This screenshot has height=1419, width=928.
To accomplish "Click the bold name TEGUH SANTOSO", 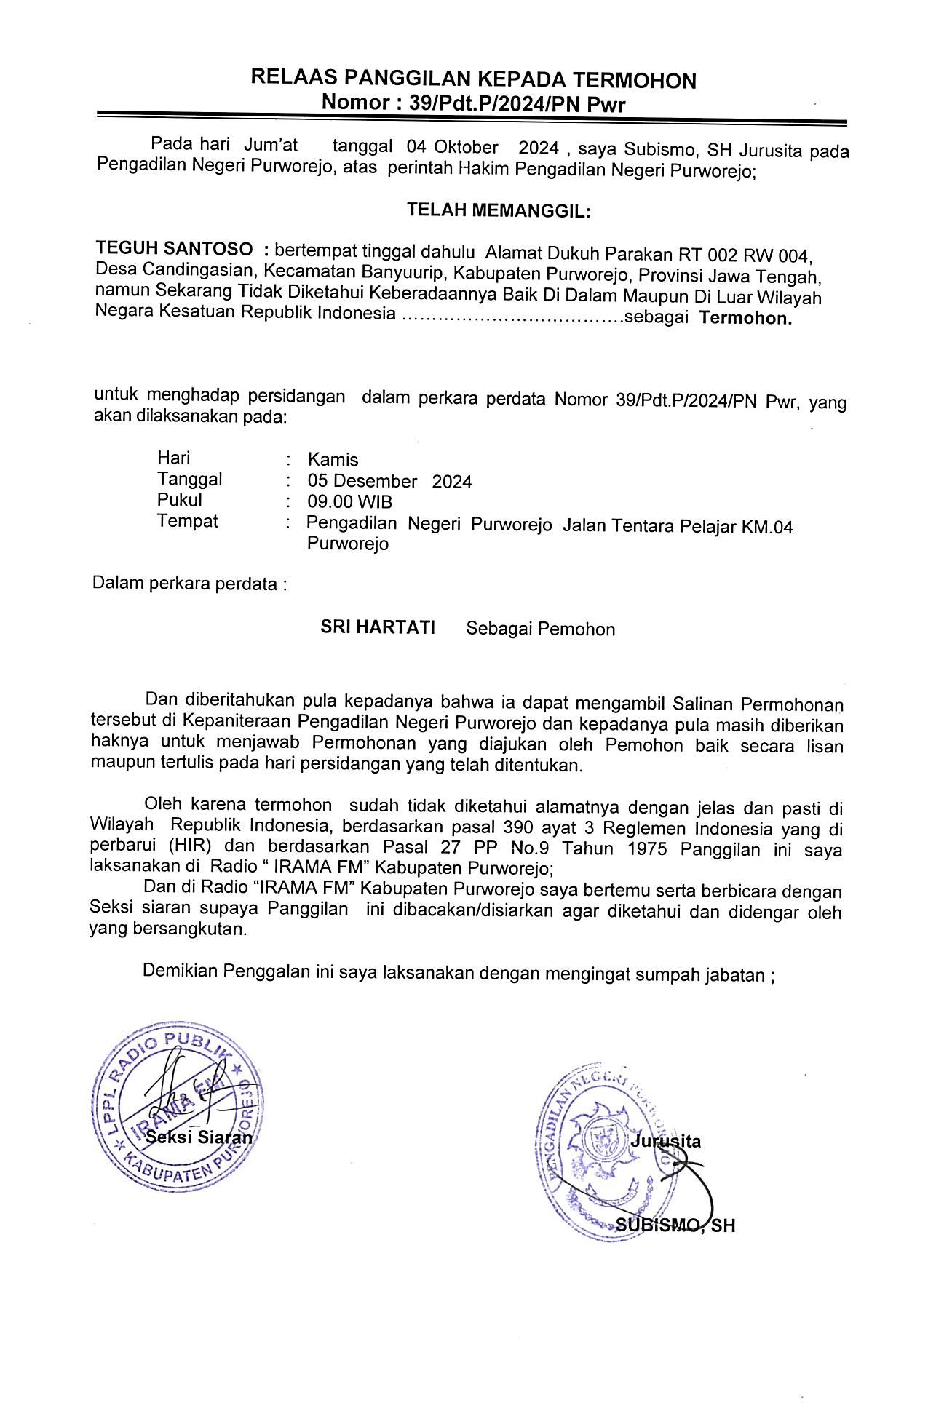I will coord(175,250).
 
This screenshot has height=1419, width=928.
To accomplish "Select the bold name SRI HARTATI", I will coord(378,627).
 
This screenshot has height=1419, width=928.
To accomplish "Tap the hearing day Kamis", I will coord(333,460).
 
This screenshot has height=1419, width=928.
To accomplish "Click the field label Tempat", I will coord(187,522).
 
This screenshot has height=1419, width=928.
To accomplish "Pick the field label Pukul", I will coord(179,501).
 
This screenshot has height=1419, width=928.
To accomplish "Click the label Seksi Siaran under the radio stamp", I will coord(199,1137).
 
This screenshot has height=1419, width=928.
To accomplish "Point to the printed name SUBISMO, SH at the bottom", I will coord(675,1225).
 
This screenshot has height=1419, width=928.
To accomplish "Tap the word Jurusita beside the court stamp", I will coord(665,1140).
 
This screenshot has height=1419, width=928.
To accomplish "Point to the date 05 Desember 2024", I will coord(389,481).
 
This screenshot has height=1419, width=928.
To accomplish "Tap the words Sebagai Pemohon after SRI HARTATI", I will coord(540,629).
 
